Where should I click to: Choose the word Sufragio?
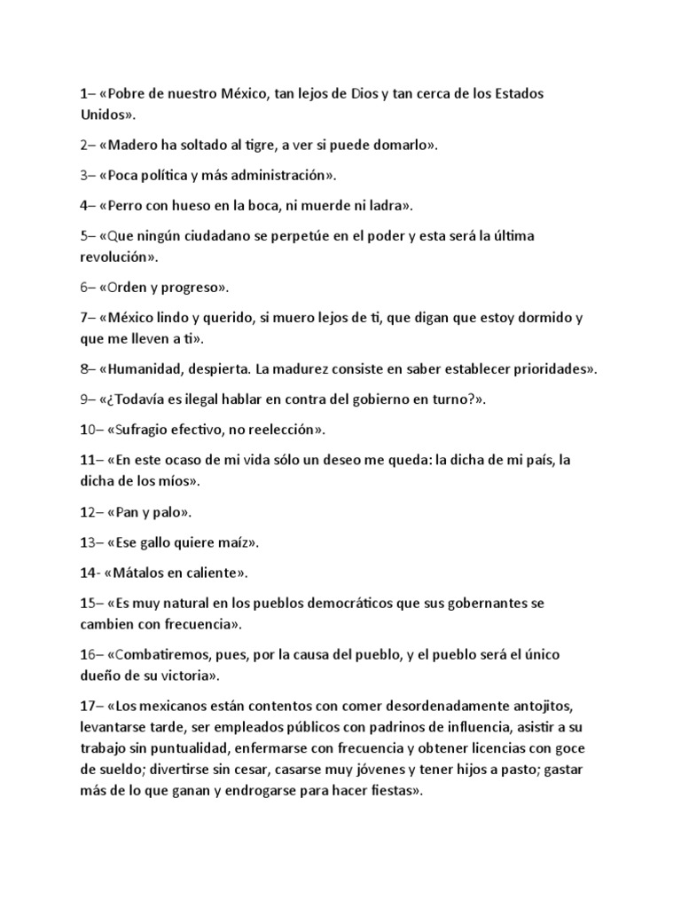tap(145, 430)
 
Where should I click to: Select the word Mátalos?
tap(144, 572)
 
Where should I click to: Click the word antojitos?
tap(548, 706)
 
